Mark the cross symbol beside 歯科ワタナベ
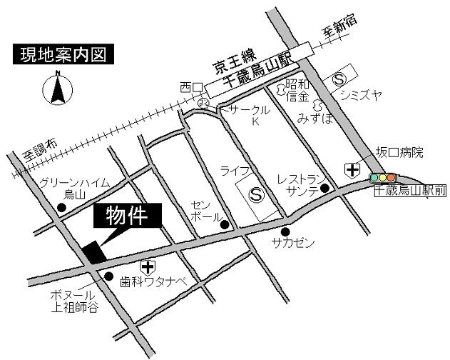(148, 268)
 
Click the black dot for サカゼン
(285, 231)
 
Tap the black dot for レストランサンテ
(324, 189)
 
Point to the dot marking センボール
(224, 224)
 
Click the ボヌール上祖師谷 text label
(74, 301)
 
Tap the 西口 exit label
(190, 87)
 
